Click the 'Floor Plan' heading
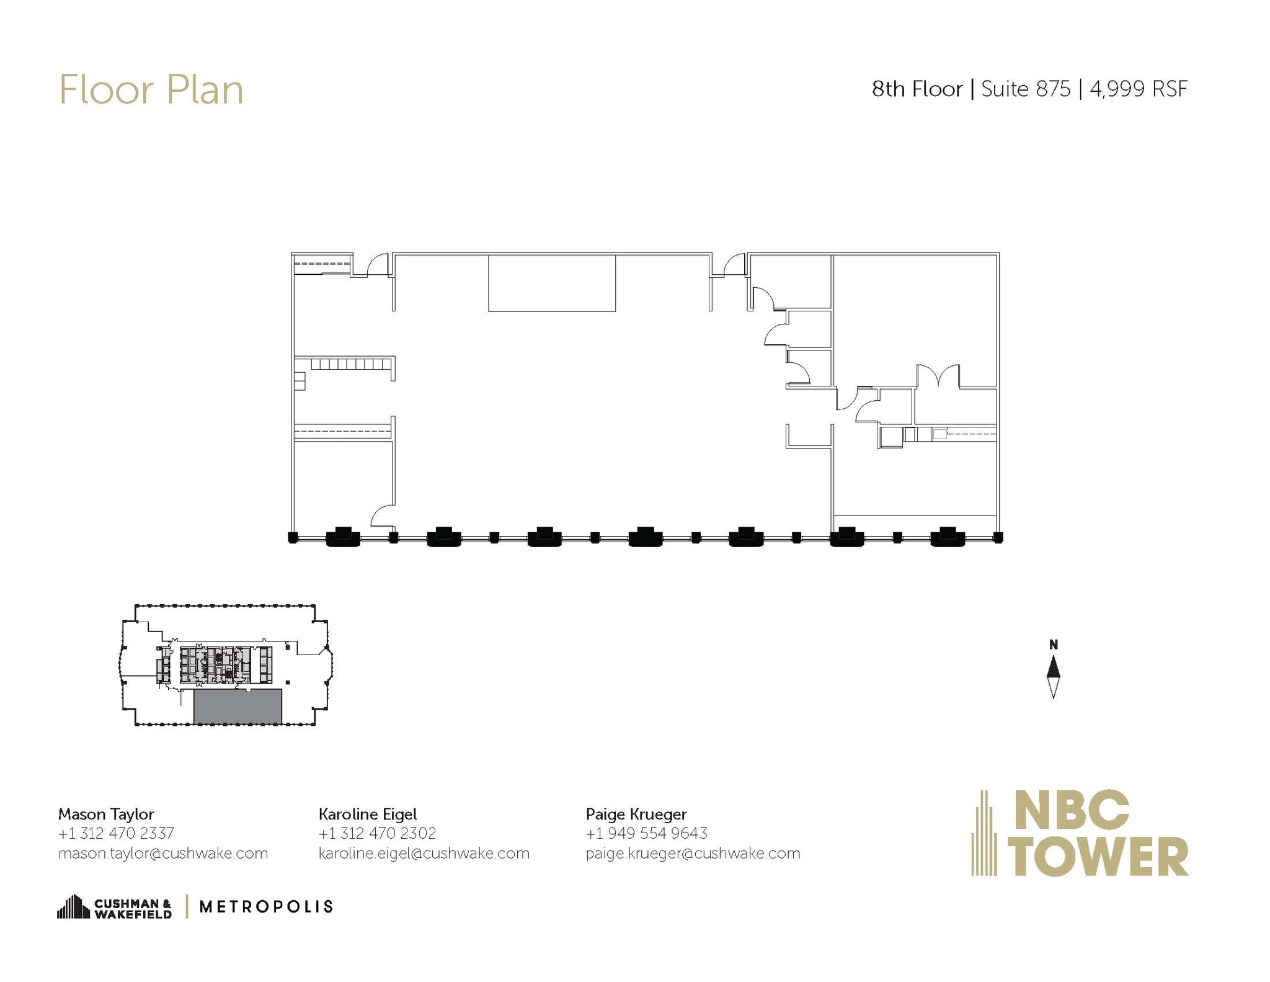pyautogui.click(x=151, y=91)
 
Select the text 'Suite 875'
pyautogui.click(x=1026, y=89)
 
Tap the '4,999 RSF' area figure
pyautogui.click(x=1139, y=89)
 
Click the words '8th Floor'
pyautogui.click(x=917, y=89)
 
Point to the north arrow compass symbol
pyautogui.click(x=1053, y=676)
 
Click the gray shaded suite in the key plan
pyautogui.click(x=238, y=706)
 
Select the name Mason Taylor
pyautogui.click(x=106, y=814)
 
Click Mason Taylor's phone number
pyautogui.click(x=116, y=833)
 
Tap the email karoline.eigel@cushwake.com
pyautogui.click(x=424, y=854)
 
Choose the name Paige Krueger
pyautogui.click(x=636, y=814)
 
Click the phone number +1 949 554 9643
pyautogui.click(x=646, y=833)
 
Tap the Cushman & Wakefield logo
pyautogui.click(x=115, y=907)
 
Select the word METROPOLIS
pyautogui.click(x=266, y=907)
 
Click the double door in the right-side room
pyautogui.click(x=938, y=376)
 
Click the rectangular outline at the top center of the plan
pyautogui.click(x=552, y=283)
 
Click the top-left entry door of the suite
pyautogui.click(x=378, y=265)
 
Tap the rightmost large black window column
pyautogui.click(x=947, y=537)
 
